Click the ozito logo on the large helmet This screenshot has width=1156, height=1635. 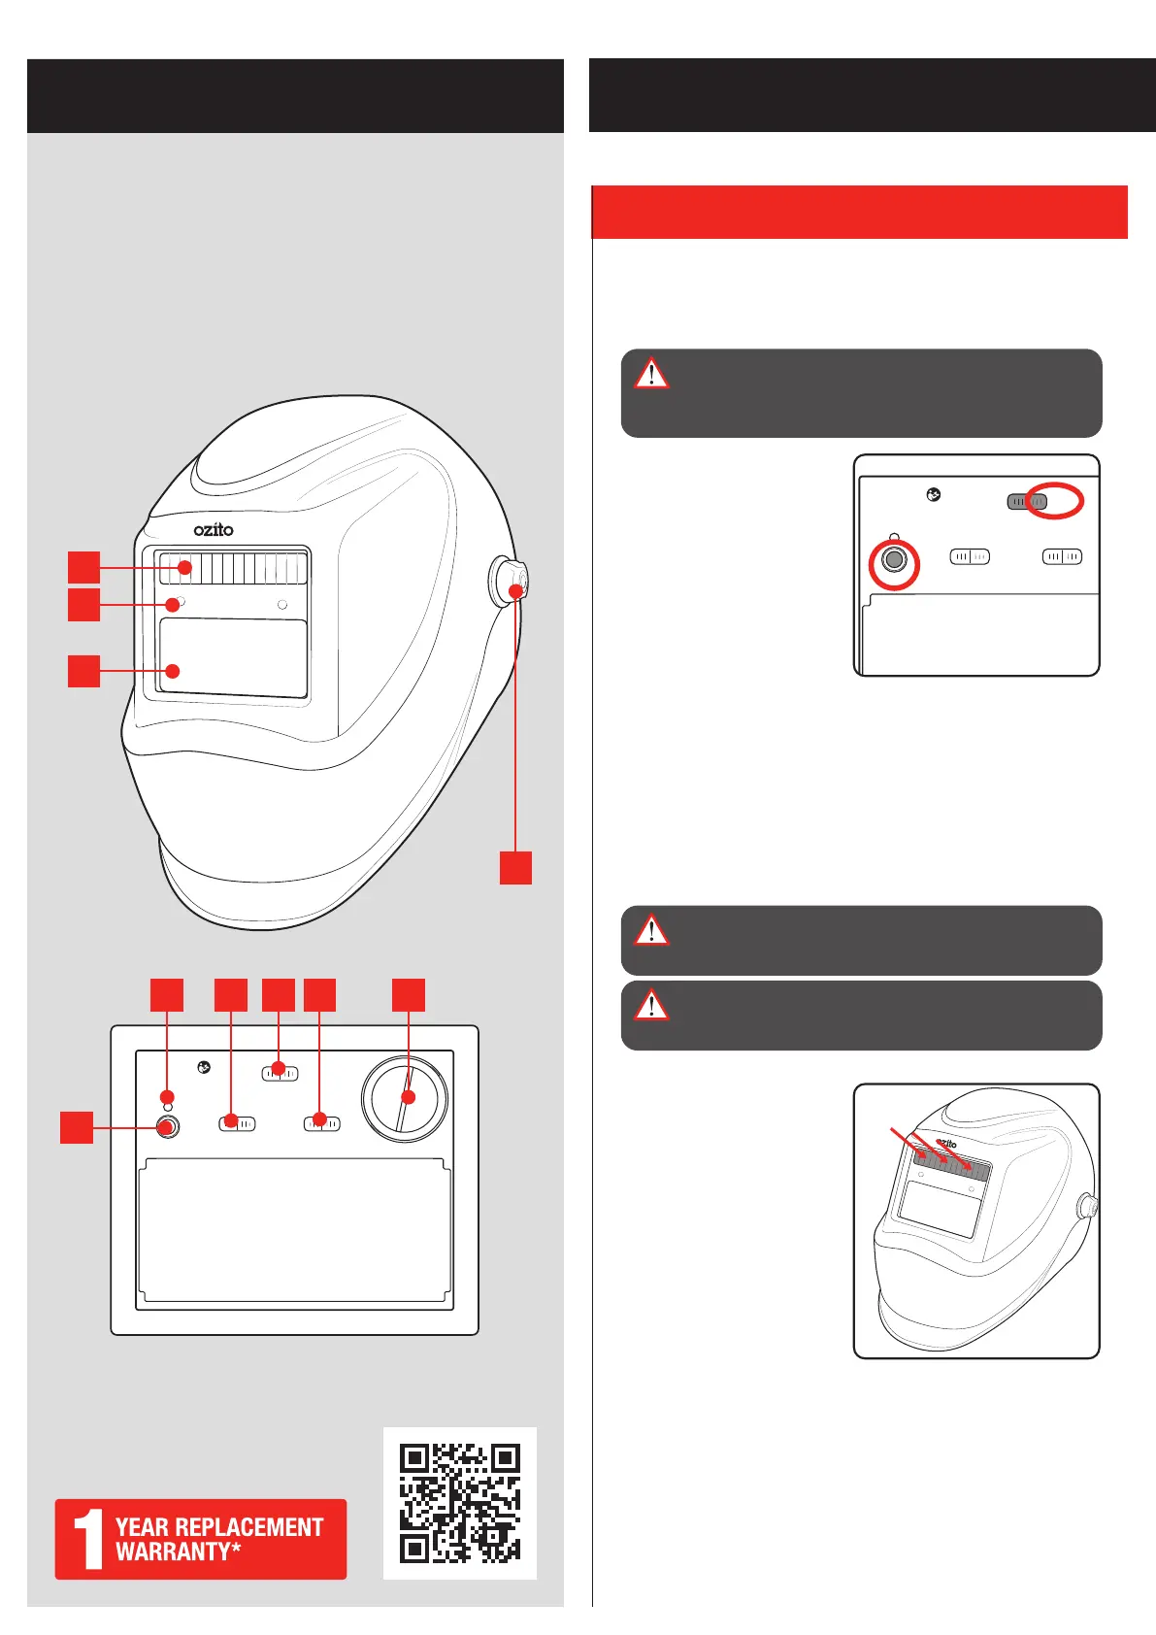[x=214, y=529]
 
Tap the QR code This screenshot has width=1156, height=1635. [x=460, y=1503]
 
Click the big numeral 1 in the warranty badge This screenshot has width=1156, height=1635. [x=89, y=1539]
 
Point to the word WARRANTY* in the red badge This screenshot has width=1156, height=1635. [x=179, y=1552]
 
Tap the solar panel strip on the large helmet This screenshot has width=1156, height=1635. [x=233, y=568]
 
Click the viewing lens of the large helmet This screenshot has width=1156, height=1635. [x=233, y=658]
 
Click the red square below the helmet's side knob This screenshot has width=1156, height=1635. [x=515, y=867]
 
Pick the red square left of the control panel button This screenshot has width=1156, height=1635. [x=77, y=1127]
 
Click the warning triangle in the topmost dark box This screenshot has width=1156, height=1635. [x=651, y=374]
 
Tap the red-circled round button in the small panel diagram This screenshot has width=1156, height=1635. [x=894, y=561]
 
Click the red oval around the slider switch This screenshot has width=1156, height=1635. [x=1054, y=501]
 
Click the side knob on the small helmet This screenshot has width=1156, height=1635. [x=1089, y=1208]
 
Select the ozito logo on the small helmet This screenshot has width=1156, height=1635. [x=946, y=1145]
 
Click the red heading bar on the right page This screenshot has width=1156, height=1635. [x=859, y=212]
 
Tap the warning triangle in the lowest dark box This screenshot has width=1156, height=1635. [x=651, y=1006]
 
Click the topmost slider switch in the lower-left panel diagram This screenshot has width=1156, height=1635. [x=280, y=1073]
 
